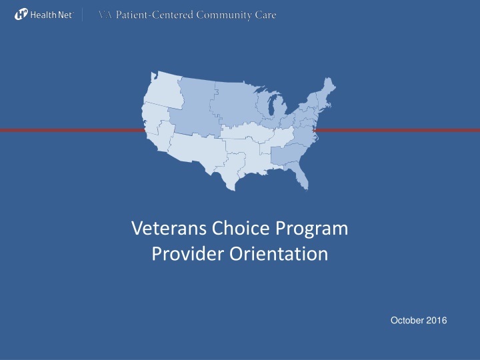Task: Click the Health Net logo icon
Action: (21, 15)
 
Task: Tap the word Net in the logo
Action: (65, 15)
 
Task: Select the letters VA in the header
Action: (105, 15)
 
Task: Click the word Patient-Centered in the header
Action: (154, 15)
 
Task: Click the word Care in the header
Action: (265, 15)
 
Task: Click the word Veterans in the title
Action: (170, 229)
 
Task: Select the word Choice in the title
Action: (241, 228)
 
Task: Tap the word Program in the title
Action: (311, 229)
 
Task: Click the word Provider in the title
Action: (188, 254)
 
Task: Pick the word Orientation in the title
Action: (278, 254)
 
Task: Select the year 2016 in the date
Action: (437, 321)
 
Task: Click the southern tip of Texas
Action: (233, 189)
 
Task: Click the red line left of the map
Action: (72, 131)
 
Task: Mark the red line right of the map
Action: (397, 131)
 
